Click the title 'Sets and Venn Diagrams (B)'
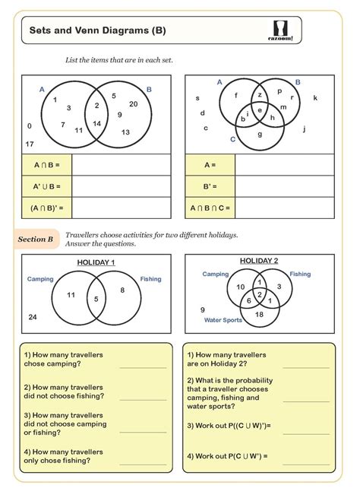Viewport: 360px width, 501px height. point(97,31)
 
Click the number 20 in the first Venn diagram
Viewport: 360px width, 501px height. point(133,104)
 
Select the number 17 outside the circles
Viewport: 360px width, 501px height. point(30,144)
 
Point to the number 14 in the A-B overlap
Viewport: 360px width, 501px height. point(97,123)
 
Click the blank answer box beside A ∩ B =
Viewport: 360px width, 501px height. point(122,164)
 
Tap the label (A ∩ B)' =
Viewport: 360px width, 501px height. point(47,207)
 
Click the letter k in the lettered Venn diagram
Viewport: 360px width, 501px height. point(315,98)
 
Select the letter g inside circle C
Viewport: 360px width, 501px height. point(260,135)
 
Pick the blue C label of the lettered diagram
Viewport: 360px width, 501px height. point(232,139)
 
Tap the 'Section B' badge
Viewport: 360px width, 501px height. point(36,239)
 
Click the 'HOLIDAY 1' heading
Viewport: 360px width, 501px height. point(96,262)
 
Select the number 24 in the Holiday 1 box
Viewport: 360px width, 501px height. point(32,316)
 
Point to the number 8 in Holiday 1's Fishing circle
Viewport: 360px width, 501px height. point(122,290)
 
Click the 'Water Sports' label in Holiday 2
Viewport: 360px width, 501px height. point(223,320)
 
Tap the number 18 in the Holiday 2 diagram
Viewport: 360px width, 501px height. point(259,314)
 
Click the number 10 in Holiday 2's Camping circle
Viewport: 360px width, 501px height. point(241,287)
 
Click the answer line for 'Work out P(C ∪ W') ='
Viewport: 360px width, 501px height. point(307,456)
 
